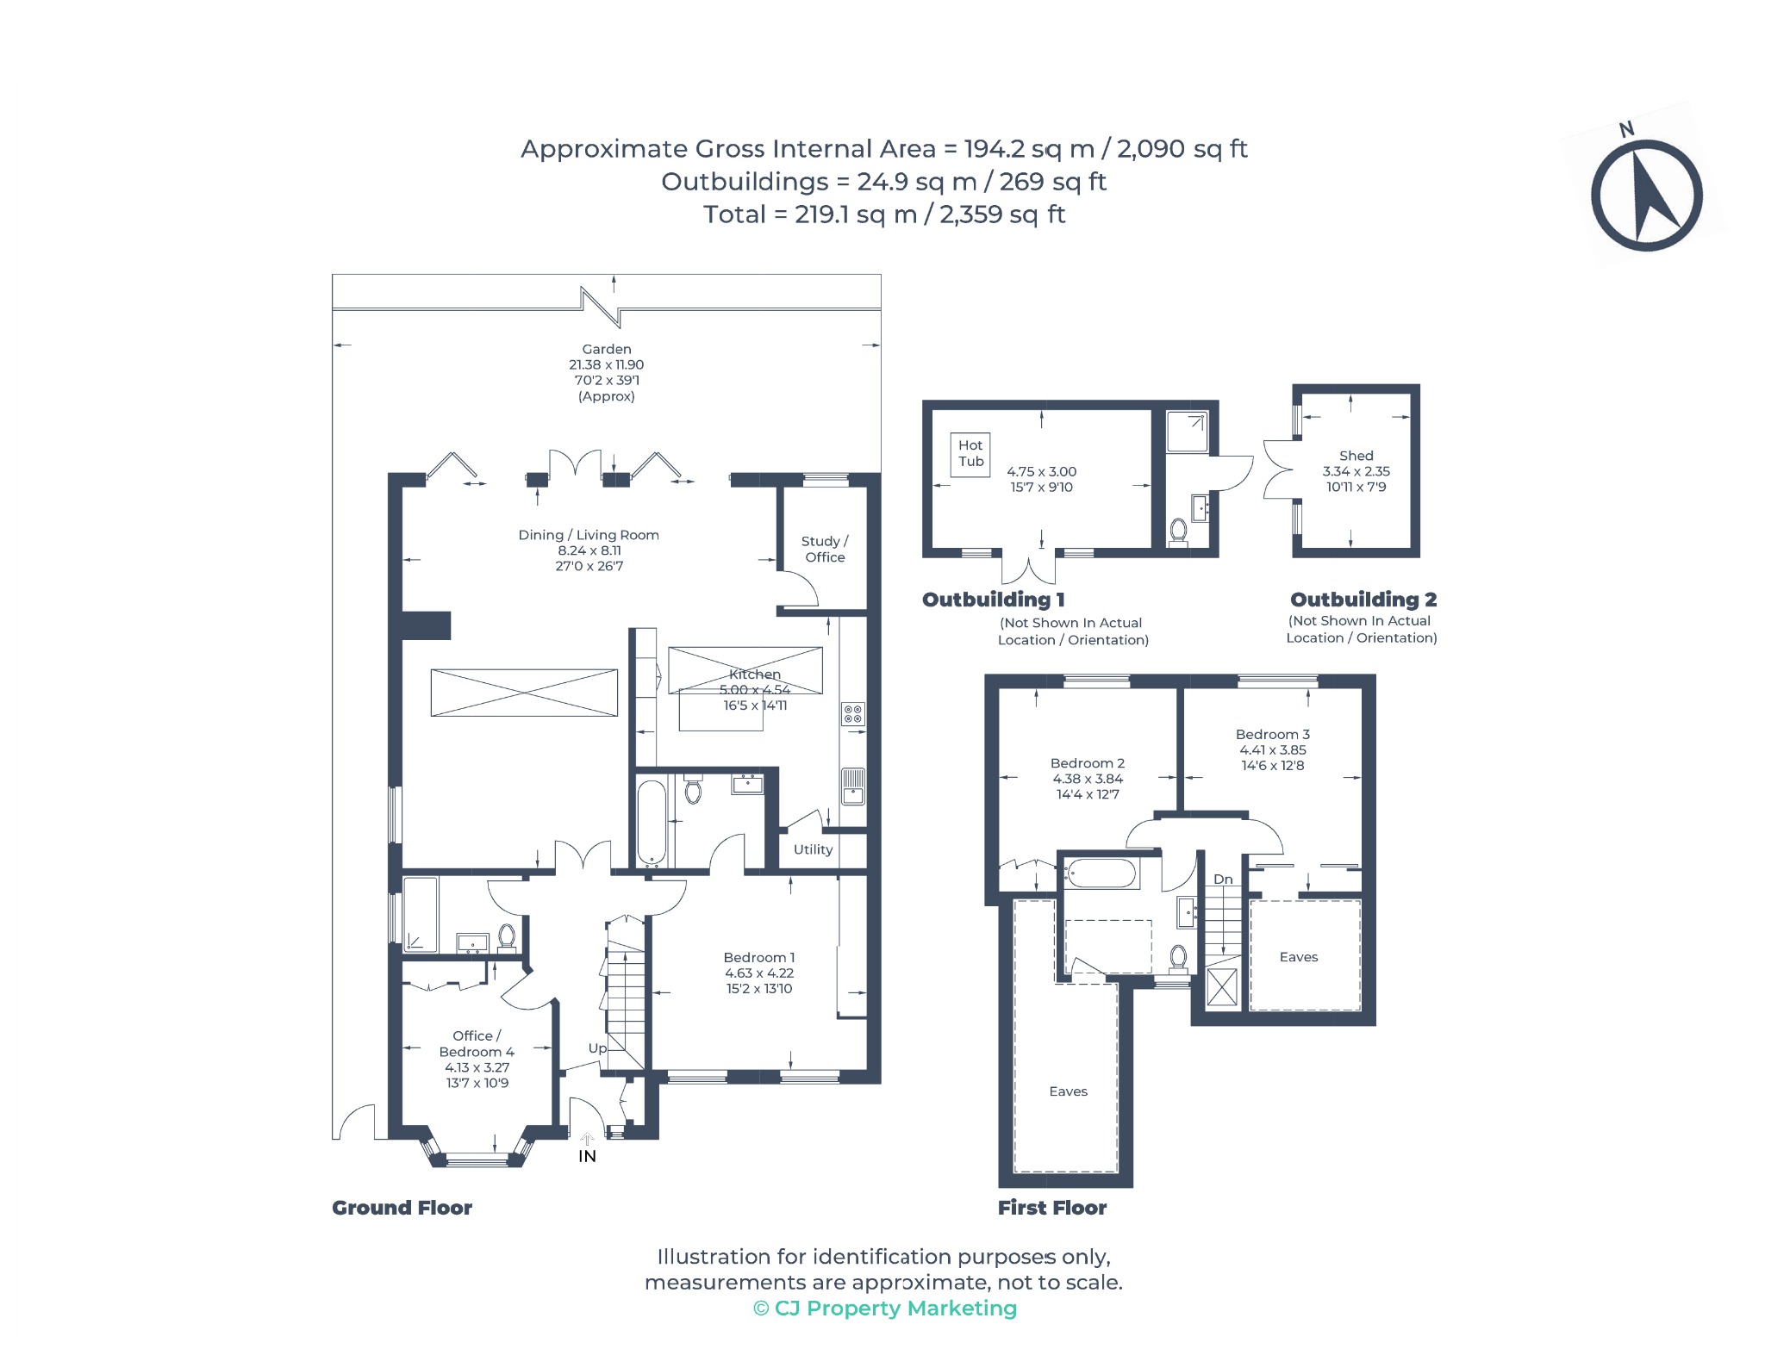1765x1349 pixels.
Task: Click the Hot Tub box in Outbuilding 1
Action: (970, 454)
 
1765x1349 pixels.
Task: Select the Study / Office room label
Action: (825, 550)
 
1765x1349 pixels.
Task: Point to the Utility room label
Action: (813, 849)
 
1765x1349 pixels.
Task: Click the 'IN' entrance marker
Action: (587, 1156)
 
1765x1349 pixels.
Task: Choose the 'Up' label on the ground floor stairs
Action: (597, 1048)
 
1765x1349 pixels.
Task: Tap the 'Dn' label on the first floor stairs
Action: (1223, 880)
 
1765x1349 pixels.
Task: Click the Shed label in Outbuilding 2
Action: (1356, 456)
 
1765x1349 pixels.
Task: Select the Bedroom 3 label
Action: (1273, 734)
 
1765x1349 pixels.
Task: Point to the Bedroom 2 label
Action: (1088, 763)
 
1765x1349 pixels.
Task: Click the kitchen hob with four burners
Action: (853, 713)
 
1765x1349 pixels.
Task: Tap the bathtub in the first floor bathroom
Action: (1101, 873)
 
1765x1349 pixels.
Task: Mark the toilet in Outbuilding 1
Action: (1178, 532)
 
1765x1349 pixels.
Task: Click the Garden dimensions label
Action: (607, 372)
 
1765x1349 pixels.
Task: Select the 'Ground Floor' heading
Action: (402, 1208)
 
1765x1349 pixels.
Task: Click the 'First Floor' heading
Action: (1052, 1208)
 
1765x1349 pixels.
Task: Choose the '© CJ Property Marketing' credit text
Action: (885, 1309)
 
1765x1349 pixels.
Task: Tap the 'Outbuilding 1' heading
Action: (994, 600)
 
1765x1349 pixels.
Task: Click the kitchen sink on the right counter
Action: (853, 786)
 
